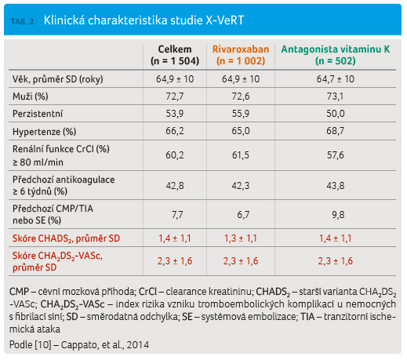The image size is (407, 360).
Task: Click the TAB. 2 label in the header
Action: pyautogui.click(x=22, y=21)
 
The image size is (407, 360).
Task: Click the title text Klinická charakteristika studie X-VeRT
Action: pyautogui.click(x=144, y=20)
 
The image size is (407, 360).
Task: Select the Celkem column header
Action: pyautogui.click(x=175, y=55)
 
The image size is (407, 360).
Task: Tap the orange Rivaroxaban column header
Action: pyautogui.click(x=241, y=55)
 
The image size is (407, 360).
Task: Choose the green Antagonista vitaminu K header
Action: pyautogui.click(x=336, y=55)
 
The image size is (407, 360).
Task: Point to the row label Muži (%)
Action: pyautogui.click(x=31, y=96)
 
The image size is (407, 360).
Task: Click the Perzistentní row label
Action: pyautogui.click(x=38, y=114)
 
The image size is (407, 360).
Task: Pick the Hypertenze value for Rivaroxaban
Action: pyautogui.click(x=241, y=131)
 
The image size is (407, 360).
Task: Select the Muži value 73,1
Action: pyautogui.click(x=336, y=96)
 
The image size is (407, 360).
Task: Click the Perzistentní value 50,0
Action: pyautogui.click(x=336, y=114)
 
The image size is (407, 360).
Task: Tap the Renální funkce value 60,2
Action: pyautogui.click(x=175, y=155)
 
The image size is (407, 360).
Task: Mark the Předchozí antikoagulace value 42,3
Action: pyautogui.click(x=241, y=186)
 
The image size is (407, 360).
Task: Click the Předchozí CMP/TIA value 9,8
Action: pyautogui.click(x=338, y=215)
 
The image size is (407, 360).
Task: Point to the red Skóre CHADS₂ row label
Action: pyautogui.click(x=66, y=238)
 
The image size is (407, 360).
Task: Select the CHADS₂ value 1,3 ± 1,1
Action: pyautogui.click(x=241, y=238)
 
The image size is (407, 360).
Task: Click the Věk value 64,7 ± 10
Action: pyautogui.click(x=336, y=79)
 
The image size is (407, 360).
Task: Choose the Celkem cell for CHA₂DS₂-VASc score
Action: pyautogui.click(x=175, y=261)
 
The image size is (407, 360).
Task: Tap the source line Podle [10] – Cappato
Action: pyautogui.click(x=79, y=345)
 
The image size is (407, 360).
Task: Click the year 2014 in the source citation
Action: pyautogui.click(x=138, y=345)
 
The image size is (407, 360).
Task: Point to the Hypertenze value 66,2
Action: pyautogui.click(x=175, y=131)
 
